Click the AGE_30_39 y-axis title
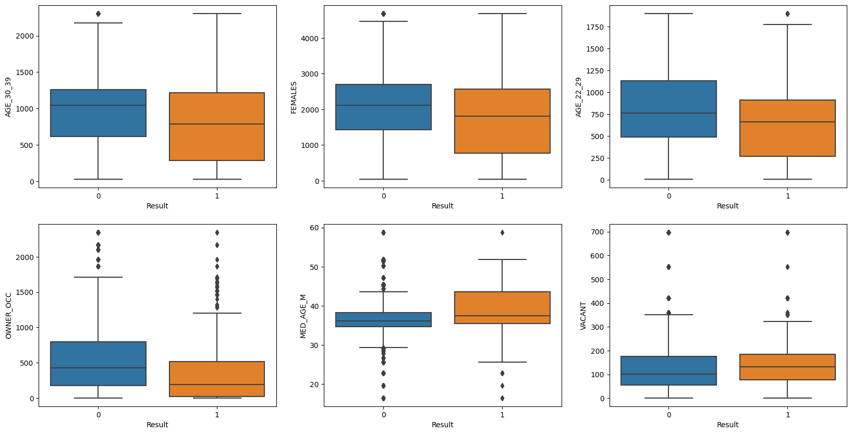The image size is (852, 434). pyautogui.click(x=8, y=97)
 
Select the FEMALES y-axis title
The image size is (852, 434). pyautogui.click(x=294, y=97)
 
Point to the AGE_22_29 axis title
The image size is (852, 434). pyautogui.click(x=579, y=97)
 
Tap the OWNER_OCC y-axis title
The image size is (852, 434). pyautogui.click(x=8, y=316)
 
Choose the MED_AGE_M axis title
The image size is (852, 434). pyautogui.click(x=303, y=316)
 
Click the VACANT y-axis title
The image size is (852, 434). pyautogui.click(x=583, y=316)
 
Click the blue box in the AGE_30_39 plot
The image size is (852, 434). pyautogui.click(x=98, y=113)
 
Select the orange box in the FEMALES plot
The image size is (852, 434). pyautogui.click(x=502, y=121)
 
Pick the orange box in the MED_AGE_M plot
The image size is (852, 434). pyautogui.click(x=502, y=307)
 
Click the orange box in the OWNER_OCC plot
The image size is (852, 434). pyautogui.click(x=217, y=379)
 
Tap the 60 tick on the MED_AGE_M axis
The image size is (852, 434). pyautogui.click(x=315, y=228)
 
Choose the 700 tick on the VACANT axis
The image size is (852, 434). pyautogui.click(x=598, y=232)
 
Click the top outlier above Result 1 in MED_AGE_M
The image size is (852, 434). pyautogui.click(x=502, y=232)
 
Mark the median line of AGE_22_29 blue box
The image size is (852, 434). pyautogui.click(x=668, y=113)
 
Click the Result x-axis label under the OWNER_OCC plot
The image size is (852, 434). pyautogui.click(x=157, y=425)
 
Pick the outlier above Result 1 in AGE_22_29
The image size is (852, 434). pyautogui.click(x=787, y=14)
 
